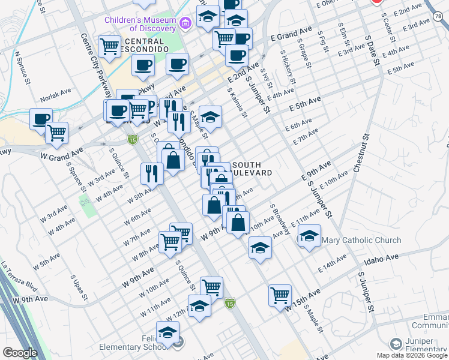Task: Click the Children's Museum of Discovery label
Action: click(140, 24)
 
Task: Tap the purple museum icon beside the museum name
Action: click(185, 23)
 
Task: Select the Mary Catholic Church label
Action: click(361, 241)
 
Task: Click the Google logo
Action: click(19, 353)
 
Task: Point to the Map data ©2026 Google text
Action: click(412, 355)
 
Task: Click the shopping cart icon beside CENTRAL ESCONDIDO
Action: click(110, 46)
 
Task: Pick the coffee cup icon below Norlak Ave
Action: click(41, 118)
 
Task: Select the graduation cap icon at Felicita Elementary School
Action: click(168, 331)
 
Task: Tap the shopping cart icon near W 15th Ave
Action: click(280, 295)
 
